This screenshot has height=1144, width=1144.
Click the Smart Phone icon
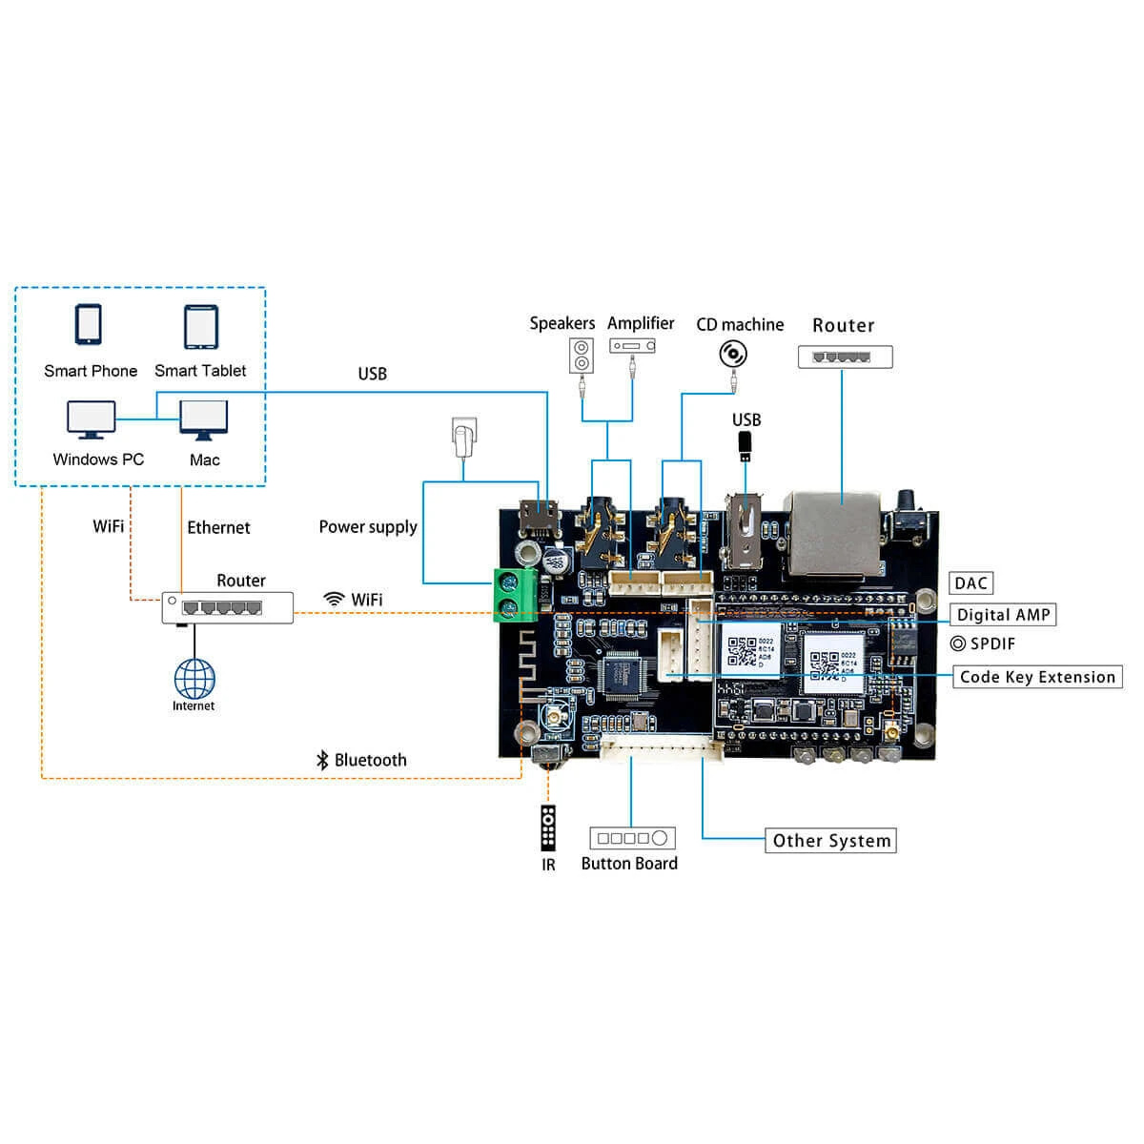(89, 325)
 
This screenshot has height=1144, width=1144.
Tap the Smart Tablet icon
(200, 327)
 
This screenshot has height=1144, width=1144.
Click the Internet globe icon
(194, 679)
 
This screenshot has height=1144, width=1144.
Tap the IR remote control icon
(548, 827)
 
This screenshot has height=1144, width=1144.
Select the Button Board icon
(632, 838)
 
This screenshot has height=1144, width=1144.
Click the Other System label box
(830, 841)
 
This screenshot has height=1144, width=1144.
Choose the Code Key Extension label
(1037, 677)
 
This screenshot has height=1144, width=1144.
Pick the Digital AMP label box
(1003, 615)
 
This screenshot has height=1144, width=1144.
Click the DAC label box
(970, 583)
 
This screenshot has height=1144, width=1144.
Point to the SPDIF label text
(992, 643)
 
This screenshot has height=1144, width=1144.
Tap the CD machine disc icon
(732, 355)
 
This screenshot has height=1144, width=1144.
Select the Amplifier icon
(632, 346)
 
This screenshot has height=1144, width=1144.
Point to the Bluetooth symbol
(322, 760)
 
